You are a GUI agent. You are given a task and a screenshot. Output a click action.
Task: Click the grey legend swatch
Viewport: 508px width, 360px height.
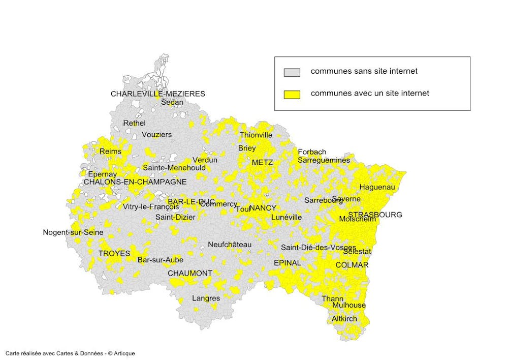click(x=292, y=72)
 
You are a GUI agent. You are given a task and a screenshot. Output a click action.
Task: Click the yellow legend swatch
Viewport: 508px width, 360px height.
click(x=292, y=94)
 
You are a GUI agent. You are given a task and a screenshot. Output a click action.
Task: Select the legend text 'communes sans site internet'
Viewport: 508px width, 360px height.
click(x=364, y=71)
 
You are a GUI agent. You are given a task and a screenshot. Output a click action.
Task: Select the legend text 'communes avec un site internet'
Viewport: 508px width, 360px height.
click(x=370, y=93)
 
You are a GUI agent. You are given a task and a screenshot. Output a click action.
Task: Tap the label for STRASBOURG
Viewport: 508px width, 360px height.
click(x=375, y=215)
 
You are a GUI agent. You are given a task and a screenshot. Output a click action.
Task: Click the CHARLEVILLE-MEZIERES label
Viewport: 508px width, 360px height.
click(x=157, y=94)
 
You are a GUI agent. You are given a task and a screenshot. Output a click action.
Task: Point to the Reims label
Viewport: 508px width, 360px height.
click(x=110, y=152)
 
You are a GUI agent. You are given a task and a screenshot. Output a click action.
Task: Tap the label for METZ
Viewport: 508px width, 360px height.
click(x=262, y=163)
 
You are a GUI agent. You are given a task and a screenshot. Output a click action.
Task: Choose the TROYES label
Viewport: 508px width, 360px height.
click(x=114, y=253)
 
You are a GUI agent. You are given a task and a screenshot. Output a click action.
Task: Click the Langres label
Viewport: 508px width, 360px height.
click(x=206, y=298)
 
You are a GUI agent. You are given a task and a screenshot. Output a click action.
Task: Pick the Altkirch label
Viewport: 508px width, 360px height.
click(x=344, y=319)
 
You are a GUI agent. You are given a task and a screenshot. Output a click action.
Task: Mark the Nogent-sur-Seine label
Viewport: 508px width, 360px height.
click(x=73, y=233)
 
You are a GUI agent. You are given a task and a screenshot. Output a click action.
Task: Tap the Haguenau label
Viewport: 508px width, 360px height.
click(x=377, y=187)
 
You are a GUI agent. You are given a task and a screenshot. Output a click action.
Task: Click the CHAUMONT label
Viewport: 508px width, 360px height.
click(x=190, y=273)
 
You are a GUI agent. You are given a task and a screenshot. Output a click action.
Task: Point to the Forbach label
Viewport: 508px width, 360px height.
click(x=312, y=152)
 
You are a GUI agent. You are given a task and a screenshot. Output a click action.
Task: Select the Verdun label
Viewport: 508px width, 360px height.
click(x=205, y=160)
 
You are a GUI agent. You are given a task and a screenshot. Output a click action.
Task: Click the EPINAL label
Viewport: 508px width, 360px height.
click(x=287, y=263)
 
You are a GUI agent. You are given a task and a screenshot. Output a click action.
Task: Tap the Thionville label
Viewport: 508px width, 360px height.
click(x=256, y=135)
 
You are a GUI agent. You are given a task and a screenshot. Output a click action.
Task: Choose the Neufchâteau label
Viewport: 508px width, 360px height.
click(x=230, y=244)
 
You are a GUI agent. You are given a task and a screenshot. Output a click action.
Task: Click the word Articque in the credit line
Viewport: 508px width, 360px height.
click(x=125, y=353)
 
